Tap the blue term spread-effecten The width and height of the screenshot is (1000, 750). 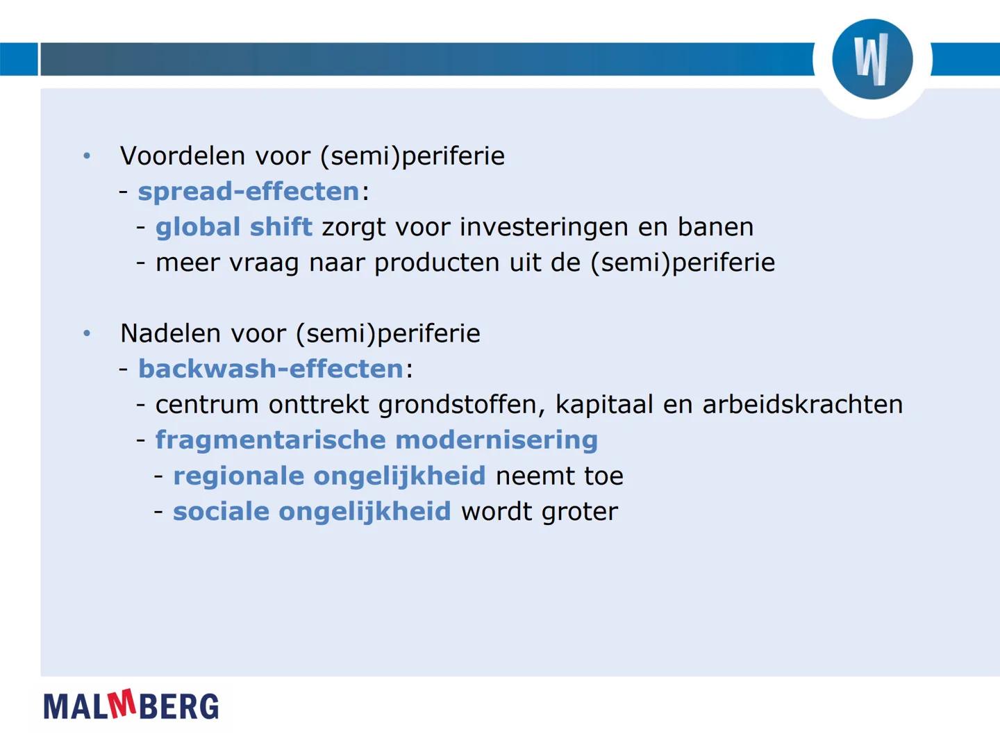(x=249, y=191)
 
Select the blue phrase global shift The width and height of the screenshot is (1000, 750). (x=233, y=226)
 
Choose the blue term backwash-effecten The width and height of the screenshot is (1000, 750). (x=271, y=369)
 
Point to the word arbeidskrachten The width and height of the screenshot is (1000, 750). (x=802, y=404)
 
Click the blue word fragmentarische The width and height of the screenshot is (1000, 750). (x=270, y=440)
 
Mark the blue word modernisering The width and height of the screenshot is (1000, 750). (x=497, y=440)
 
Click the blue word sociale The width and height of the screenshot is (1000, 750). (x=221, y=511)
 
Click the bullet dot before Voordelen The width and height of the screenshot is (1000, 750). (x=87, y=156)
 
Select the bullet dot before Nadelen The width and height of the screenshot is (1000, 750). (x=87, y=333)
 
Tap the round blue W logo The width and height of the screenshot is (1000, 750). (x=872, y=59)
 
